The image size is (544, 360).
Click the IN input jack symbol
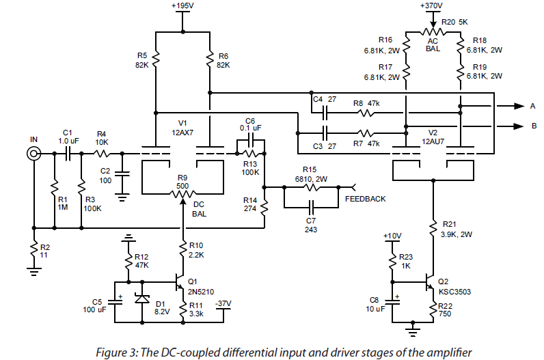coord(33,154)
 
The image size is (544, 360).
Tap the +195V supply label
coord(183,6)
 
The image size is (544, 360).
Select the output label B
coord(533,126)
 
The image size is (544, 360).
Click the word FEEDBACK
coord(365,199)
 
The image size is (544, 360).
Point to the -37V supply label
coord(223,303)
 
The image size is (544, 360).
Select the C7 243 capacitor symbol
coord(311,205)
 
